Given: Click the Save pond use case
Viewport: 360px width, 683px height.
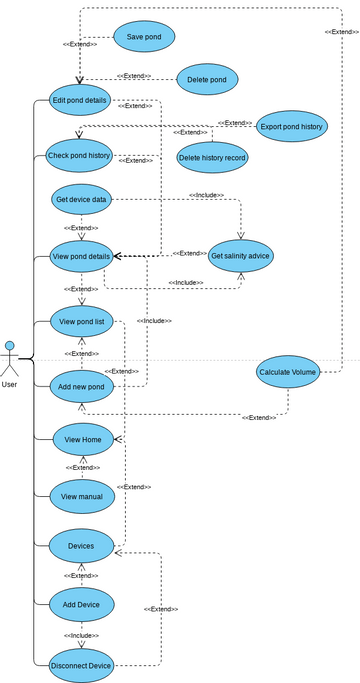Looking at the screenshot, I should coord(144,37).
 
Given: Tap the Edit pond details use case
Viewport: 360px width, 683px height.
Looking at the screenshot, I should coord(81,100).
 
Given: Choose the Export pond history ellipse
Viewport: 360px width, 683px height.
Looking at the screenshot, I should coord(291,127).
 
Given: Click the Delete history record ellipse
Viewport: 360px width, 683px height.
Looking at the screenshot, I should coord(212,157).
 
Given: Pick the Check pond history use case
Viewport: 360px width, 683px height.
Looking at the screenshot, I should coord(80,156).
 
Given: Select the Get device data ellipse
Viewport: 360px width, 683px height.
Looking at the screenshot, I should coord(81,199).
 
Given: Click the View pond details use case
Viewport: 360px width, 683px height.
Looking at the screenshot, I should coord(81,257).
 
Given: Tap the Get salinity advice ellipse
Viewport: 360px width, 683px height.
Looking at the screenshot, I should coord(241,257).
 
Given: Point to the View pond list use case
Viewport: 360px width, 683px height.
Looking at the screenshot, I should coord(81,322).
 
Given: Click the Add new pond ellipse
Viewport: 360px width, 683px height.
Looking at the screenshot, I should coord(81,386).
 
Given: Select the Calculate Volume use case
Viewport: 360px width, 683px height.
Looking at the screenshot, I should coord(288,372).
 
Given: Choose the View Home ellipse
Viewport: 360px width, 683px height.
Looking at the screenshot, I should coord(83,439).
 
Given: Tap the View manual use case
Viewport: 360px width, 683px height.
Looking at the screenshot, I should coord(83,496).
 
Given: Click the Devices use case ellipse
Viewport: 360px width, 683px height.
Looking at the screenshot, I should coord(81,546).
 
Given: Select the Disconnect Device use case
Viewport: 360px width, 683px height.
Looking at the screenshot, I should coord(81,665).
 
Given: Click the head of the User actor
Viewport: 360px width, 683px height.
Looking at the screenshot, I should coord(10,346).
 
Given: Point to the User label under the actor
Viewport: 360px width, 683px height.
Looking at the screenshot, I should coord(10,384).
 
